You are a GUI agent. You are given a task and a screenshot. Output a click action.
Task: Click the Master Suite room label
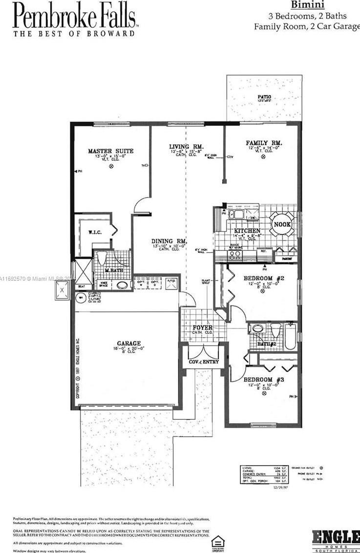click(x=110, y=151)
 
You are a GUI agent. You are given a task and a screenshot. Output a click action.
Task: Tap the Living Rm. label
click(x=186, y=147)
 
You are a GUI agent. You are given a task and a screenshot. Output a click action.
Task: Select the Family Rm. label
click(x=264, y=143)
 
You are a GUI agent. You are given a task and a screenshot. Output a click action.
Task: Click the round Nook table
click(x=282, y=224)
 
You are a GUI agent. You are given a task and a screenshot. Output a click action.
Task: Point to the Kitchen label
click(x=247, y=231)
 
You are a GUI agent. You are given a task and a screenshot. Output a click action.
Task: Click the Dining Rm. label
click(x=169, y=241)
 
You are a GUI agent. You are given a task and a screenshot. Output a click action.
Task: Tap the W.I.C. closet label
click(x=95, y=232)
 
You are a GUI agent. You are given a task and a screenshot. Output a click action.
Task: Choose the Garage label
click(x=129, y=344)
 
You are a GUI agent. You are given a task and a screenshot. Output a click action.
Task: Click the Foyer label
click(x=203, y=328)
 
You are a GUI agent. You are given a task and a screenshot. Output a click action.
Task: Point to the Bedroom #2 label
click(x=264, y=279)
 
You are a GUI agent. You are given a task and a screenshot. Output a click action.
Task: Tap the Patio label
click(x=264, y=97)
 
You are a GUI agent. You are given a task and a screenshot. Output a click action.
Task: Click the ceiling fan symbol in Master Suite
click(x=111, y=166)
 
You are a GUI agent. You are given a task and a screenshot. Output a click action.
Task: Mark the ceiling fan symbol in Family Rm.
click(x=264, y=157)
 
